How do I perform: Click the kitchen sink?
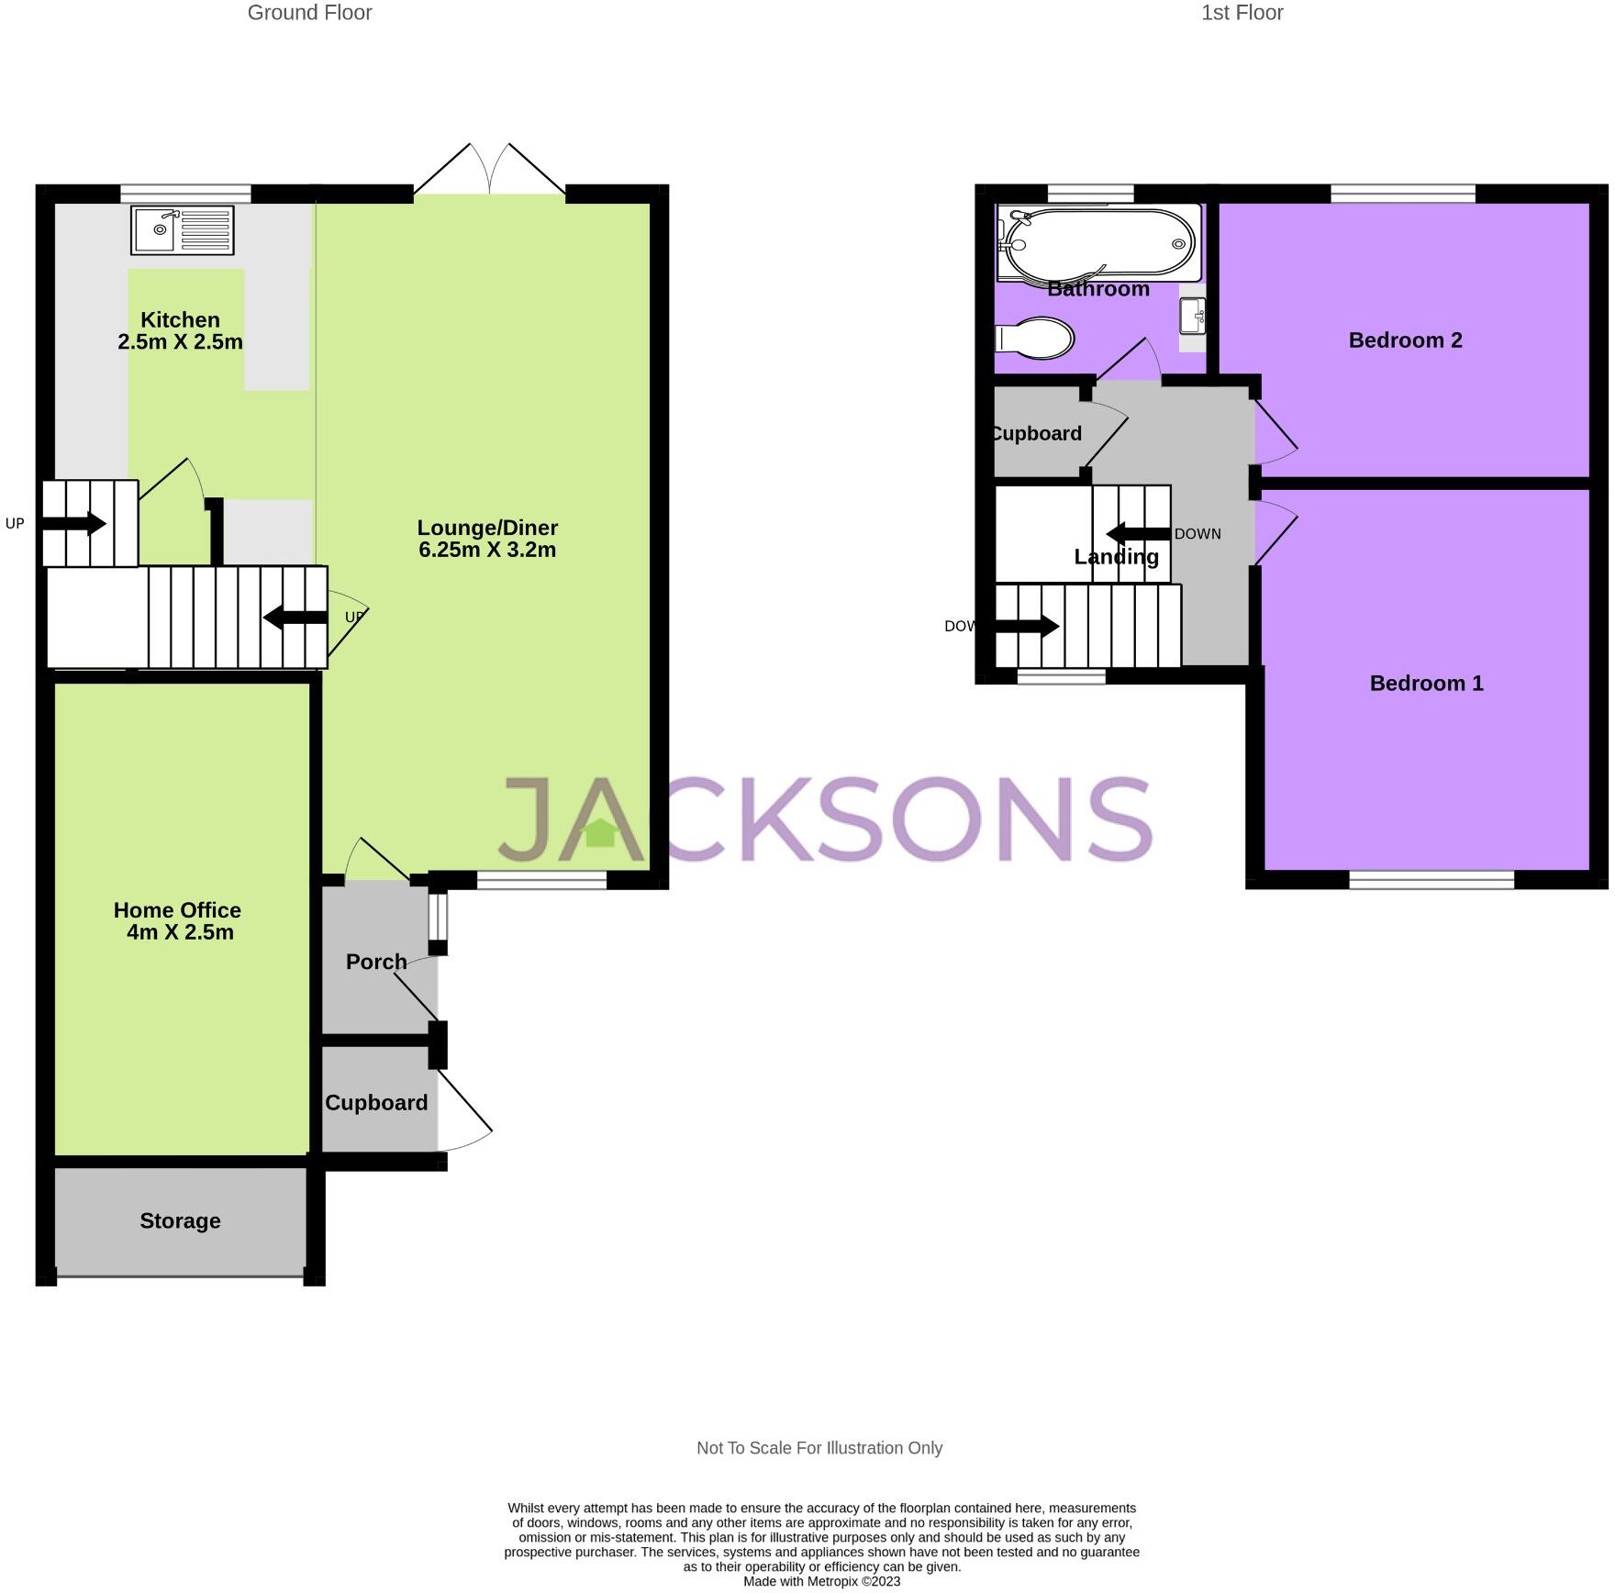coord(182,229)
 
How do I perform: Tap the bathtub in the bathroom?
coord(1098,242)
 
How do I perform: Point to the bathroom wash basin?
coord(1192,316)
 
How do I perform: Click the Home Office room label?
coord(177,910)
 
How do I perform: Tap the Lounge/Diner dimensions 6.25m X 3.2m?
coord(487,550)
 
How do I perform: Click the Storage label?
coord(180,1220)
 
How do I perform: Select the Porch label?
coord(376,962)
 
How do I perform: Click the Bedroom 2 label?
coord(1405,340)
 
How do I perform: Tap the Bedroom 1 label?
coord(1426,683)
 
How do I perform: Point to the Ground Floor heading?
coord(309,13)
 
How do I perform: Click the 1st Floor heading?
coord(1242,13)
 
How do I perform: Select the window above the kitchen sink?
coord(185,193)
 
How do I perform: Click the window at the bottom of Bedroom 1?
coord(1431,880)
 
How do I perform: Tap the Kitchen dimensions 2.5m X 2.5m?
coord(180,342)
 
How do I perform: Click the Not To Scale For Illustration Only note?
coord(819,1448)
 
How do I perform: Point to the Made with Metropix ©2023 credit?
coord(821,1581)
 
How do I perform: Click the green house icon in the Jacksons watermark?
coord(600,832)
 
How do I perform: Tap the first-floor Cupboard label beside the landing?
coord(1037,433)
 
